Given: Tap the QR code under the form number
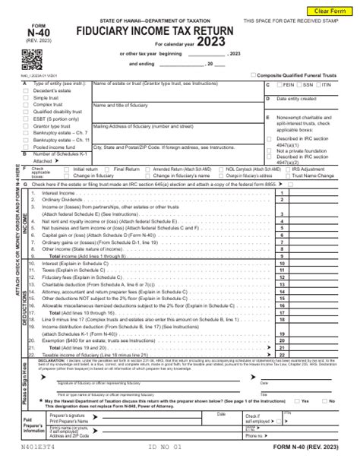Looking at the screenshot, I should (x=30, y=58).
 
